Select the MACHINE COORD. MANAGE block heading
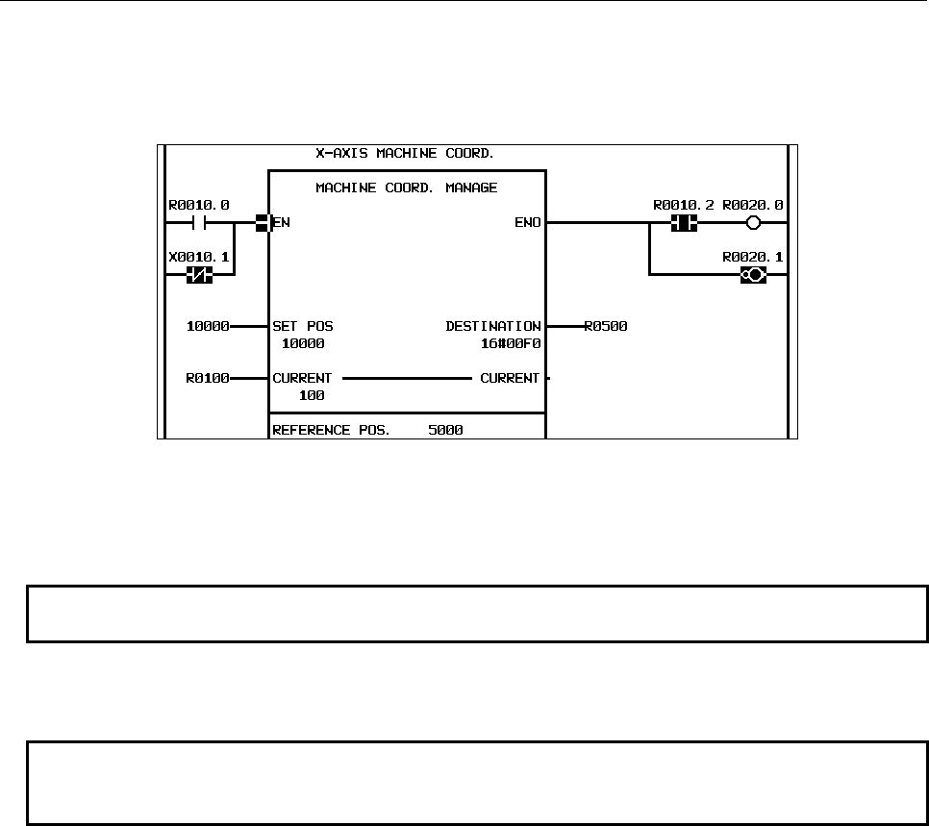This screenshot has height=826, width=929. tap(407, 188)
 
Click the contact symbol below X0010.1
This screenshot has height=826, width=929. tap(199, 275)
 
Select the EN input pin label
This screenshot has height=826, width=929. tap(282, 223)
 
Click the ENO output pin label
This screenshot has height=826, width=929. tap(528, 223)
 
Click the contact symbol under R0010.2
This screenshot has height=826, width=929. tap(683, 223)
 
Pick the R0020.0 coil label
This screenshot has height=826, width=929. tap(752, 205)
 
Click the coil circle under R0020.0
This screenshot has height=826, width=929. tap(753, 223)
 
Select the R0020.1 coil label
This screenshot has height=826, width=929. tap(752, 257)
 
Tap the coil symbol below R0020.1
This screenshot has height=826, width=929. tap(753, 275)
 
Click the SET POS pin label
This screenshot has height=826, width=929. tap(303, 327)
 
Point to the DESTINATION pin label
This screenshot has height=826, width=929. tap(493, 327)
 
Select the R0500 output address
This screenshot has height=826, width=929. tap(606, 327)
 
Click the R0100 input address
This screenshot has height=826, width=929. tap(207, 379)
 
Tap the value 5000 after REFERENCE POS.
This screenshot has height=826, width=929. tap(445, 430)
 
